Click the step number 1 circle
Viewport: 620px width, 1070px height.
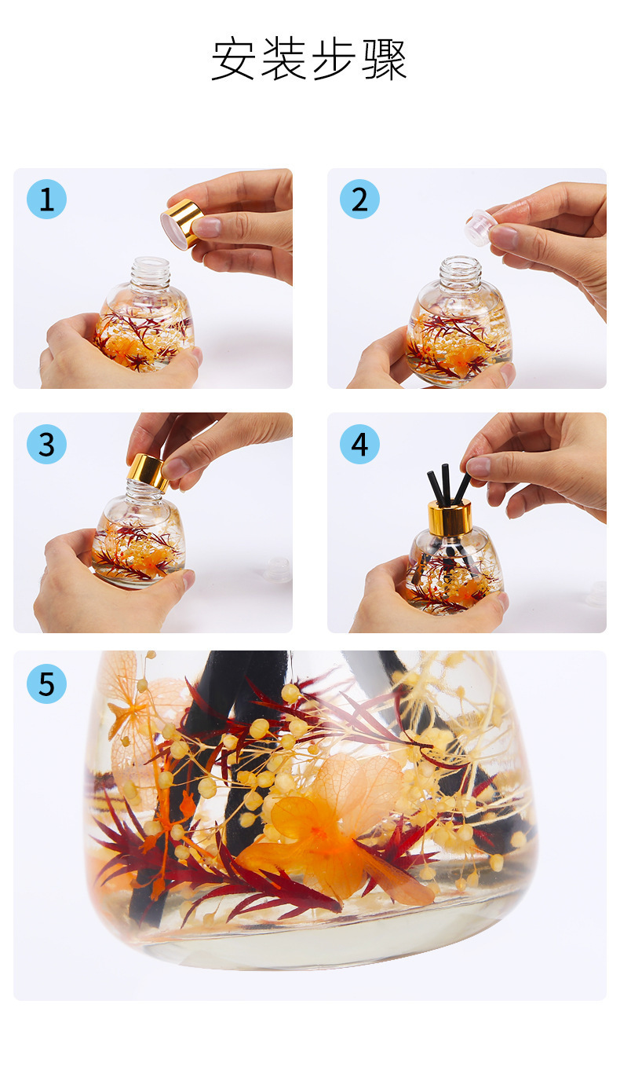click(46, 199)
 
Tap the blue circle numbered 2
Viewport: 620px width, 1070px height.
click(359, 199)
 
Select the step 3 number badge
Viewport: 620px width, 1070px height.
click(46, 444)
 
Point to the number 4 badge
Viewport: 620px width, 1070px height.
click(359, 444)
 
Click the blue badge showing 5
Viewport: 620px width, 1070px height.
click(46, 683)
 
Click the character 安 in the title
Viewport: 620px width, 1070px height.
click(232, 59)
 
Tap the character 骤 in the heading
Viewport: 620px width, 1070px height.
click(385, 59)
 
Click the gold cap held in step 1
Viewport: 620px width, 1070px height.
click(181, 223)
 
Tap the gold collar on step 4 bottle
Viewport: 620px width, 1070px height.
click(449, 518)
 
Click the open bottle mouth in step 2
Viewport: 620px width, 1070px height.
click(461, 262)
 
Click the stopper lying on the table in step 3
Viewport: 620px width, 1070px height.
click(278, 569)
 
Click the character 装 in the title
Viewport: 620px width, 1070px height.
click(283, 59)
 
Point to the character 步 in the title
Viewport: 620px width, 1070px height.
click(334, 59)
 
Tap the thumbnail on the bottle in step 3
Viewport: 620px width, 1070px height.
click(188, 579)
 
